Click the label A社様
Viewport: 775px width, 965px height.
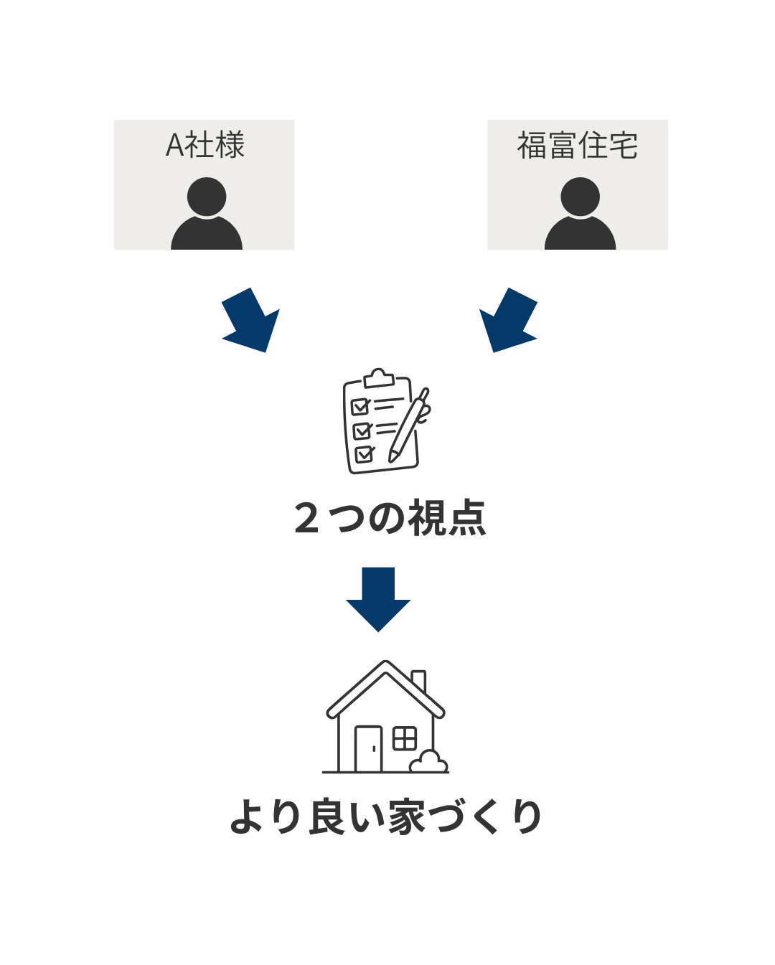pos(205,146)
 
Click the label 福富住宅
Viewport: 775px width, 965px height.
pos(577,146)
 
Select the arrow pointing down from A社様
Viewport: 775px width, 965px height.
pos(252,321)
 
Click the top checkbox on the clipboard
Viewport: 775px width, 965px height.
pos(360,407)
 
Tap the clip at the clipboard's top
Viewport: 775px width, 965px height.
pos(379,378)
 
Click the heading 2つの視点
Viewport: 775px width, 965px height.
pos(390,518)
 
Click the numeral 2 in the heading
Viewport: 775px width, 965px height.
pos(306,518)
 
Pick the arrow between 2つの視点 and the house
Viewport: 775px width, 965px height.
pos(378,599)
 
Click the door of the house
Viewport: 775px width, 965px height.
pos(369,749)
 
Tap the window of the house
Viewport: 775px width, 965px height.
pos(405,738)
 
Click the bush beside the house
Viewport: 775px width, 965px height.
pos(429,762)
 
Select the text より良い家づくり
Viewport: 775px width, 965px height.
pos(385,817)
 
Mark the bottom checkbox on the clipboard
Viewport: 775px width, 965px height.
pos(365,453)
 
